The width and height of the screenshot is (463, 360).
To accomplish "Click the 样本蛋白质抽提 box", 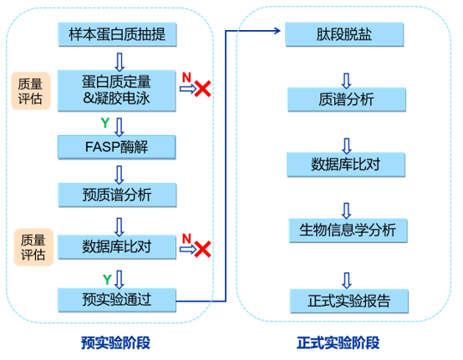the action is point(117,34).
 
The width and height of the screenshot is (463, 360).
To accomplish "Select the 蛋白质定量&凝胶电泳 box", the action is point(117,90).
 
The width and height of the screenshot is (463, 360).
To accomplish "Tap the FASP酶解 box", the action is point(117,147).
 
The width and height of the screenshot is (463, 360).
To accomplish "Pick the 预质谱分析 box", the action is point(117,195).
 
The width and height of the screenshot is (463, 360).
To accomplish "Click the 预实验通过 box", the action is point(117,300).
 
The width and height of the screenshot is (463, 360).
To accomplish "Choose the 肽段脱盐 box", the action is point(344,34).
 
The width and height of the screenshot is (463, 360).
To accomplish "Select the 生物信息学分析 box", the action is point(349,231).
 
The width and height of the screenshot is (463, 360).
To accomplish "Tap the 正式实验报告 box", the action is point(349,301).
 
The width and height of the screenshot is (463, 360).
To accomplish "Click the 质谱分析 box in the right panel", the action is point(347,99).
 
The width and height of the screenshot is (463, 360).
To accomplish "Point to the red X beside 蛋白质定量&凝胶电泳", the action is point(202,89).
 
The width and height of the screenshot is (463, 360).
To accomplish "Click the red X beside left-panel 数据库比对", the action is point(202,249).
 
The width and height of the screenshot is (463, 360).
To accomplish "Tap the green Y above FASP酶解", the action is point(105,123).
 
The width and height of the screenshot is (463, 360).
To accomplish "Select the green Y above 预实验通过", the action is point(107,279).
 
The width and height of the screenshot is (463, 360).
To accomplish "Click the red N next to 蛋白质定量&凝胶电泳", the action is point(186,78).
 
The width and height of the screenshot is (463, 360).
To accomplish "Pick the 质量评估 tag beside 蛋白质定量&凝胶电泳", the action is point(31,91).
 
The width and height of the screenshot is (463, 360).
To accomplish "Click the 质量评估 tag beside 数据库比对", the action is point(33,247).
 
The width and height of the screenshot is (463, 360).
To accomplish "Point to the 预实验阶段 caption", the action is point(115,343).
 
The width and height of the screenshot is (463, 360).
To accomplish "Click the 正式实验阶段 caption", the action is point(338,343).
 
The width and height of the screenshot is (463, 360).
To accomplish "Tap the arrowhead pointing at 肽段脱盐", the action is point(277,31).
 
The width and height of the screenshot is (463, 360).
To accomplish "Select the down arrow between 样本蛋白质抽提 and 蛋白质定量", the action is point(120,62).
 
